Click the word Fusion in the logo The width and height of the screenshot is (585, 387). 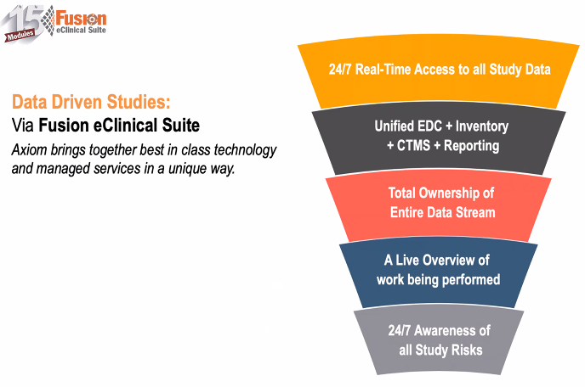[81, 18]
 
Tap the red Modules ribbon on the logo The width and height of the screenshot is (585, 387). [20, 35]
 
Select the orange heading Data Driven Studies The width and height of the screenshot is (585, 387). [91, 102]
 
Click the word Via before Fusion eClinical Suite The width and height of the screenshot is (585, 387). [23, 125]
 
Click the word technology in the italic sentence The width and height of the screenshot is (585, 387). [245, 150]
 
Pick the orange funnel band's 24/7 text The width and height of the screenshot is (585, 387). [339, 70]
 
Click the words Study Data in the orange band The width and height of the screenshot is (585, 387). [520, 70]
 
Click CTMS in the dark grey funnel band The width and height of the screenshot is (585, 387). [413, 145]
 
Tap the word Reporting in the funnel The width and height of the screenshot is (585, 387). [472, 146]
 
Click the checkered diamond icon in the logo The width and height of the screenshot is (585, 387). [48, 20]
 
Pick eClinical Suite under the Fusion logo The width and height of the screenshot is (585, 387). [81, 30]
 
